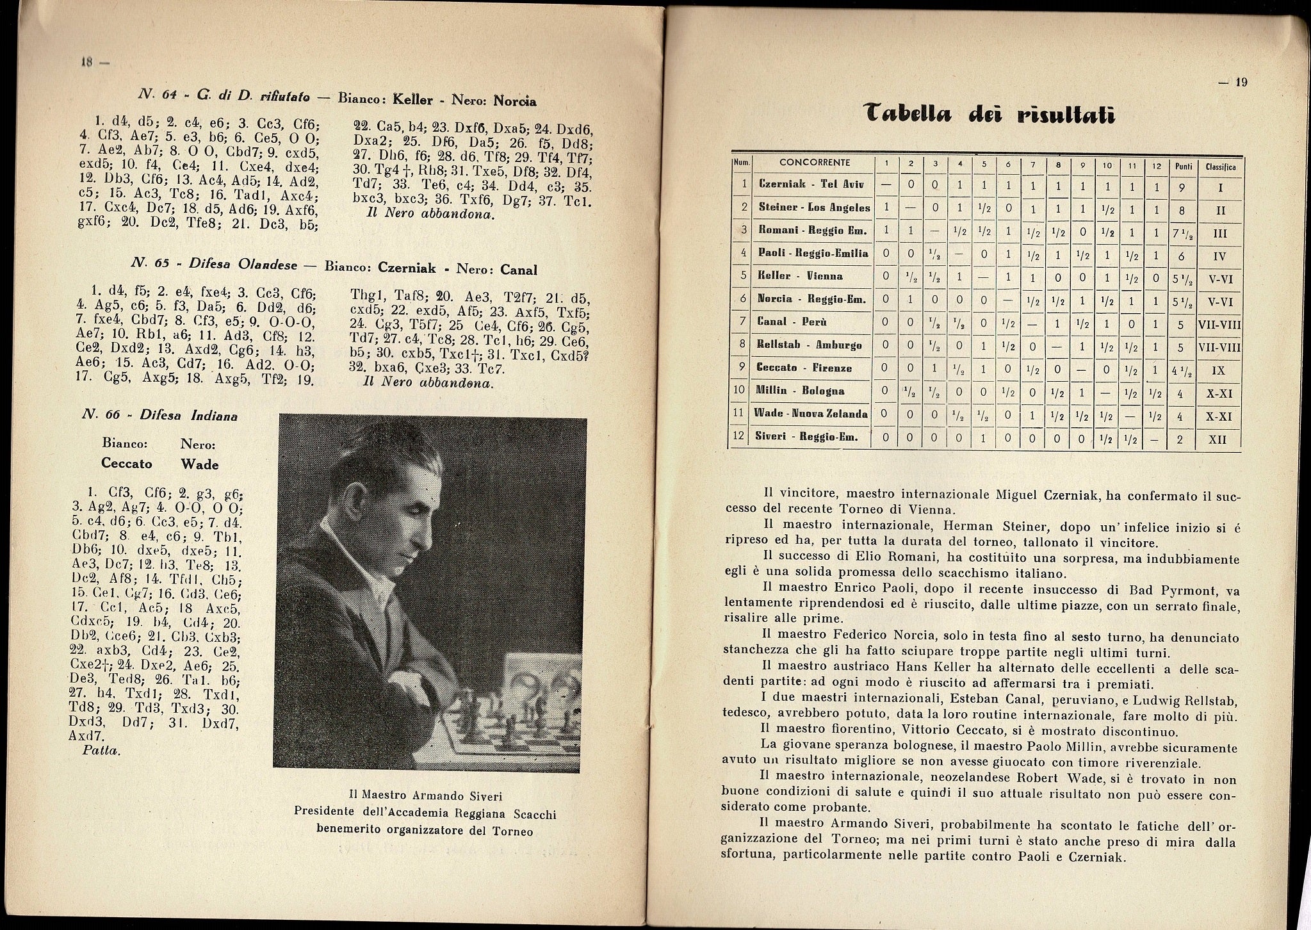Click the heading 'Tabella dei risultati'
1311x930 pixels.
pyautogui.click(x=986, y=115)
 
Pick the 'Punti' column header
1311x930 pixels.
pyautogui.click(x=1182, y=166)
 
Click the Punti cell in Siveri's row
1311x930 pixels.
pyautogui.click(x=1182, y=439)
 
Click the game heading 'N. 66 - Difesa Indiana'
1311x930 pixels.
pyautogui.click(x=160, y=415)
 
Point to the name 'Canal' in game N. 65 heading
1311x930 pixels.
pyautogui.click(x=518, y=270)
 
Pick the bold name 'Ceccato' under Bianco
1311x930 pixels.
pyautogui.click(x=126, y=463)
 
